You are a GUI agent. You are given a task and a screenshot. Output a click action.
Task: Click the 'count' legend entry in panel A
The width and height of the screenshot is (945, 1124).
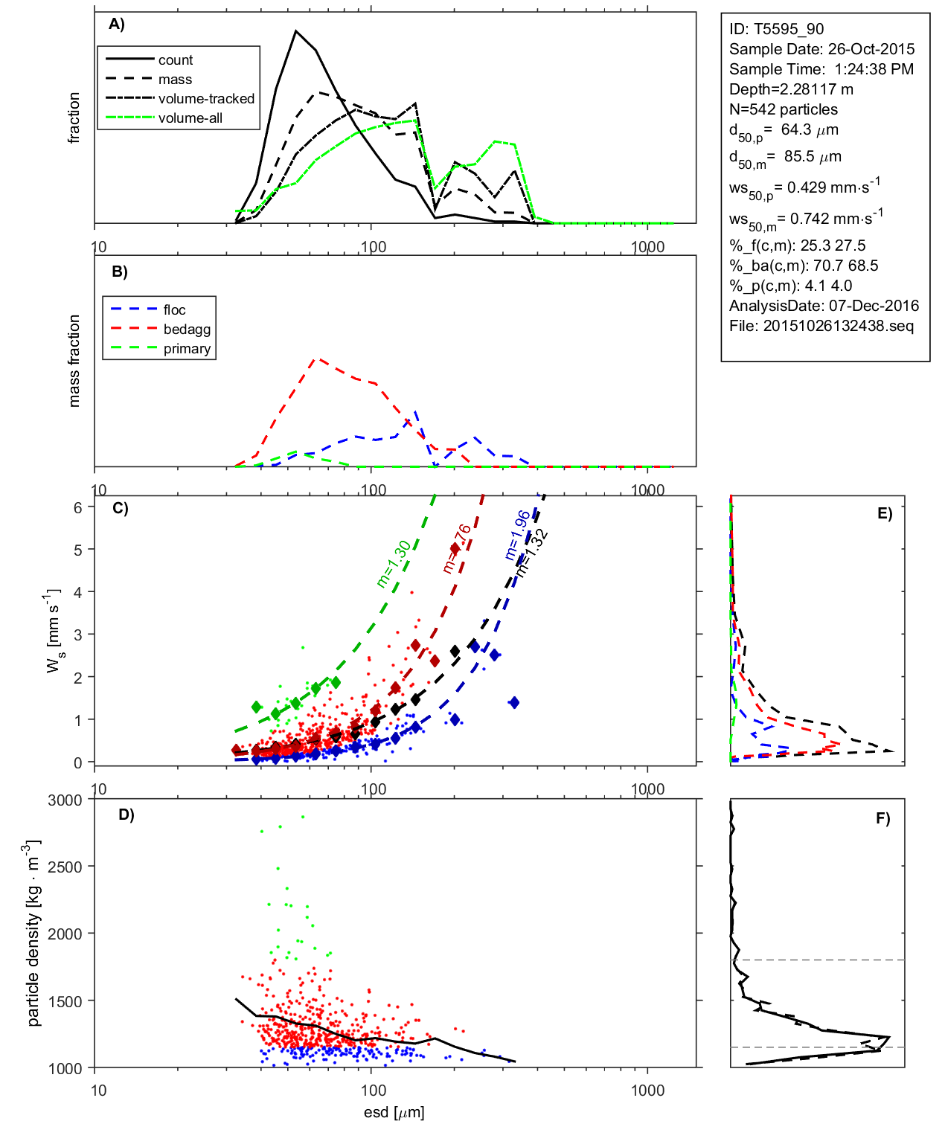(175, 60)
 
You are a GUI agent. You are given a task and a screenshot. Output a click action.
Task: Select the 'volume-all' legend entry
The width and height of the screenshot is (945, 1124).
(190, 118)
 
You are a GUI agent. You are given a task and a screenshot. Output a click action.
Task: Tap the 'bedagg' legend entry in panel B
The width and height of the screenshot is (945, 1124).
(187, 330)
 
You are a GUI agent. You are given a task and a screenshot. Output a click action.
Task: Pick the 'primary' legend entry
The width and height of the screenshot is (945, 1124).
(187, 349)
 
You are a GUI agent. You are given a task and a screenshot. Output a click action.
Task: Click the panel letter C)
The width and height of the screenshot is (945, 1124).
(120, 509)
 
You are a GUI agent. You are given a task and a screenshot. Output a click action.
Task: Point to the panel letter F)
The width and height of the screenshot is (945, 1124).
(882, 819)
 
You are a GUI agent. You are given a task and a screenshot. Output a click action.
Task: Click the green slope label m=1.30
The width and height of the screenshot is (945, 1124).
(393, 564)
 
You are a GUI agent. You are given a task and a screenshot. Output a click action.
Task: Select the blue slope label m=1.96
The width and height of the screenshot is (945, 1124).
(517, 535)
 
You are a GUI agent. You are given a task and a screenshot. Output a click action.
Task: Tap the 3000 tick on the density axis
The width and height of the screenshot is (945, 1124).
(65, 800)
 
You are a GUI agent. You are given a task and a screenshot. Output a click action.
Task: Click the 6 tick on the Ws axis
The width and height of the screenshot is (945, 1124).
(77, 507)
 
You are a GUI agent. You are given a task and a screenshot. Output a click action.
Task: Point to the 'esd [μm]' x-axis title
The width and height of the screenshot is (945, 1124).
(394, 1113)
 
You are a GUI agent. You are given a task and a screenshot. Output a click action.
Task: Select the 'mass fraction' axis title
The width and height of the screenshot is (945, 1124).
(74, 361)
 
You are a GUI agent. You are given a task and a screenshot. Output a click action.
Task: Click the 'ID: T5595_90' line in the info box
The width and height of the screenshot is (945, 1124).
(776, 29)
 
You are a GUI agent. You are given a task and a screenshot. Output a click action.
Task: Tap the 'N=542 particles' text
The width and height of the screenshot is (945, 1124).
(783, 109)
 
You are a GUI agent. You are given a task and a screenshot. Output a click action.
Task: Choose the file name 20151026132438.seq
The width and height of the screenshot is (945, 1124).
(838, 326)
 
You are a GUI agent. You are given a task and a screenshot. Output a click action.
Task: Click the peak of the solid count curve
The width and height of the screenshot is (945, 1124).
(296, 31)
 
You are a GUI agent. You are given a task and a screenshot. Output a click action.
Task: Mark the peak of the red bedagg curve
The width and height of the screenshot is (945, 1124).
(318, 359)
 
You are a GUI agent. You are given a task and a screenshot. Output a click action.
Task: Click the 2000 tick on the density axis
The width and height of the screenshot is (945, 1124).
(65, 934)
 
